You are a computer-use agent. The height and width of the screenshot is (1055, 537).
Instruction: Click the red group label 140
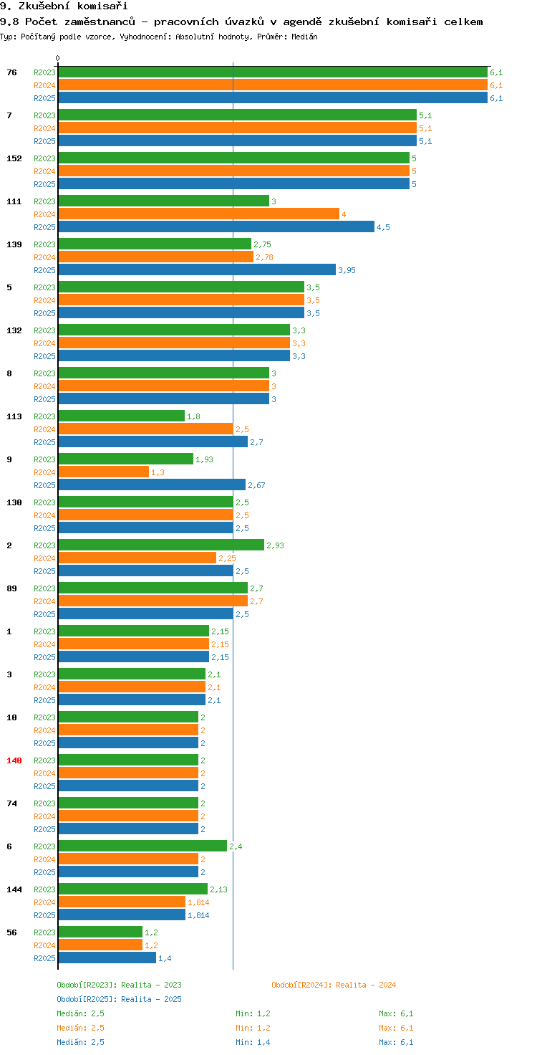pos(14,760)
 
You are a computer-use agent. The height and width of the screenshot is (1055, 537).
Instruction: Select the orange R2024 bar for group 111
pos(198,214)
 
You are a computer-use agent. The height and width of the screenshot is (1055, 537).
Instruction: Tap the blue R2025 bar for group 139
pos(197,269)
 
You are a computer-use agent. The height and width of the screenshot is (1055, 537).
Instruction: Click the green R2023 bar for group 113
pos(121,416)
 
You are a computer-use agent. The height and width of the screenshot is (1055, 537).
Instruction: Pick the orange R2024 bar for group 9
pos(103,472)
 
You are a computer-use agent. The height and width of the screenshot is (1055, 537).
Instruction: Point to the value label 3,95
pos(347,270)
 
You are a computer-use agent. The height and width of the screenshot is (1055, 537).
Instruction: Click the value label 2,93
pos(275,545)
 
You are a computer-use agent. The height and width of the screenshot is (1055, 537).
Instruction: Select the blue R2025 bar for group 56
pos(107,958)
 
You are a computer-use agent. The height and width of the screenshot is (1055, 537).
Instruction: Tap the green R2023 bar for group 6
pos(142,846)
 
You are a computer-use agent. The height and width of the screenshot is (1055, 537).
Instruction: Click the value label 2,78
pos(264,257)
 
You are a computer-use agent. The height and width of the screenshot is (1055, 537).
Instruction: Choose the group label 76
pos(11,72)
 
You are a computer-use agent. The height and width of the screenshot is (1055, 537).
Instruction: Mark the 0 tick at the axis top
pos(58,58)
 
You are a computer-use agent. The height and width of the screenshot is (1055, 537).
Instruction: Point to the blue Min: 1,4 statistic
pos(253,1042)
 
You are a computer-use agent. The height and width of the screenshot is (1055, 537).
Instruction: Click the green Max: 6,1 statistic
pos(396,1013)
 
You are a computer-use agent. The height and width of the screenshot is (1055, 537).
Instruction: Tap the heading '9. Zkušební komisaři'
pos(64,6)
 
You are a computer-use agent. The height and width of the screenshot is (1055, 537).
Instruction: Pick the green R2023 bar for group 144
pos(132,889)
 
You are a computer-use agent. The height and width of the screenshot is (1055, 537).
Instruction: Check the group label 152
pos(14,158)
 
